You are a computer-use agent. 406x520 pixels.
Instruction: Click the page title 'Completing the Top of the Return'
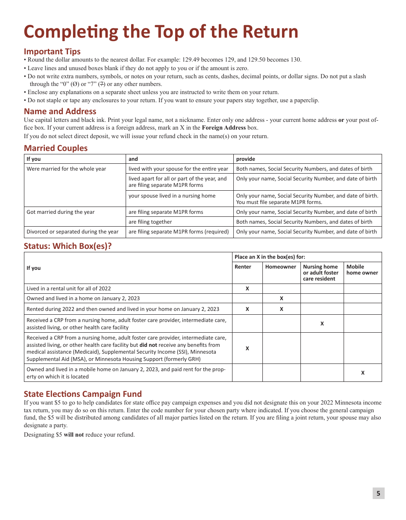[x=161, y=32]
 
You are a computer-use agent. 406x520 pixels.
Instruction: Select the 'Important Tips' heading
[x=52, y=51]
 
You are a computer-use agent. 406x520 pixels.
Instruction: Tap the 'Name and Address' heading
[x=60, y=112]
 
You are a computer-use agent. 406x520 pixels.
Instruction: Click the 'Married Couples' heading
[x=56, y=148]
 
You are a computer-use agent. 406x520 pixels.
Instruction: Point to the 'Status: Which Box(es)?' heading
[x=68, y=246]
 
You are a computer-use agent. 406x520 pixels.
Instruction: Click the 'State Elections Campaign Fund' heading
[x=82, y=394]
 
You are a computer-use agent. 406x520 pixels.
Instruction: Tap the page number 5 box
[x=378, y=493]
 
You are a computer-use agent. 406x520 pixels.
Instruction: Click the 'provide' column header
[x=245, y=159]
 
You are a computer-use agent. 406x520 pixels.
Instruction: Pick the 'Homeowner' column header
[x=280, y=267]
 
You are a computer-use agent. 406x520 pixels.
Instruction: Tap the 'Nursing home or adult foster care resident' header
[x=321, y=272]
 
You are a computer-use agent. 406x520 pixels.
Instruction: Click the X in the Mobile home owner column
[x=363, y=373]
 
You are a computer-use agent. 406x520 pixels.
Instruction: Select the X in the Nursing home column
[x=322, y=324]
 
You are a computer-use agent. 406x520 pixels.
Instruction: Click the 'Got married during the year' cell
[x=61, y=212]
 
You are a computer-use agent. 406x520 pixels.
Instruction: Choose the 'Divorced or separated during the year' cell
[x=73, y=232]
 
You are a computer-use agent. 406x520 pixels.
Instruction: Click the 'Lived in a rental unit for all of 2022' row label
[x=69, y=289]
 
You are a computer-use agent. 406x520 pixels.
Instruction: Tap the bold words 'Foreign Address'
[x=224, y=127]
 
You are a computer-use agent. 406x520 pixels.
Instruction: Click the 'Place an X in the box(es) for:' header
[x=270, y=257]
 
